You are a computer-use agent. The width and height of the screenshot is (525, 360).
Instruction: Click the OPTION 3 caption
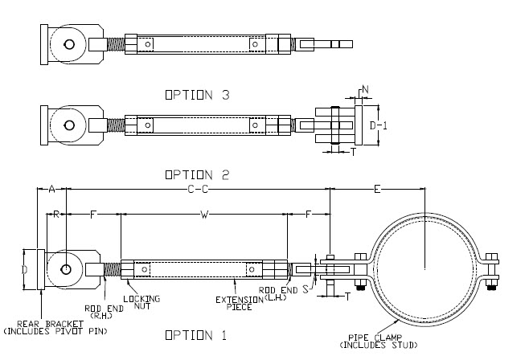pos(197,94)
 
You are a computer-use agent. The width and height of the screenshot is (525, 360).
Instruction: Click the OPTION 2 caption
pos(197,174)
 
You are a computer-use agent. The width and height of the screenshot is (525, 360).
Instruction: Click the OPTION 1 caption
pos(196,333)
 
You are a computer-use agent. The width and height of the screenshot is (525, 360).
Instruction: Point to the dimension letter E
pos(377,189)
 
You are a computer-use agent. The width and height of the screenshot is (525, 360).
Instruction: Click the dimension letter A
pos(51,189)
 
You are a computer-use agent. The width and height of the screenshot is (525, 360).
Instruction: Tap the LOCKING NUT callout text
pos(147,301)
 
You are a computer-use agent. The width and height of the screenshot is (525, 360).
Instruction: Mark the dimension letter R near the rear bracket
pos(55,215)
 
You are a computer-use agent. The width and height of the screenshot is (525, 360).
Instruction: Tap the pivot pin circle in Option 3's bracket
pos(70,44)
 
